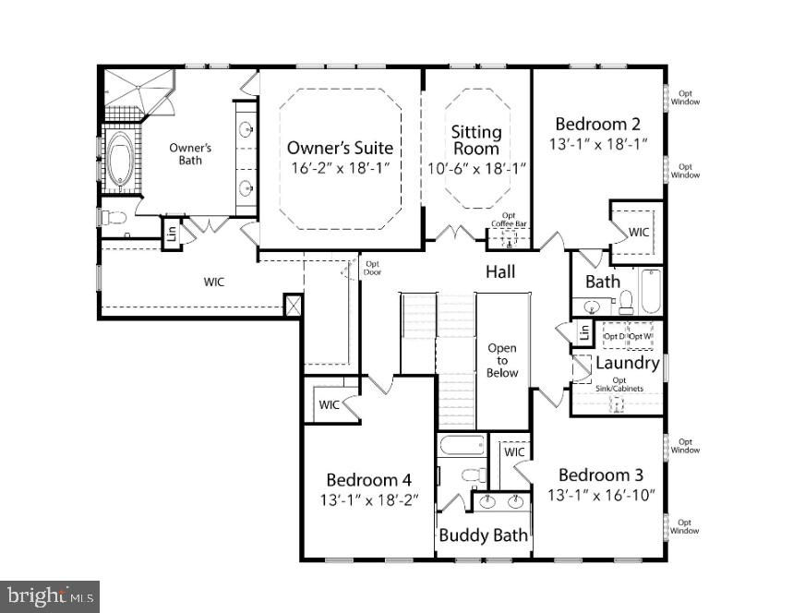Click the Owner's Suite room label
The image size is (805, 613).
coord(340,148)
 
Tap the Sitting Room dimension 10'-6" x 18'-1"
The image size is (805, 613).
coord(477,168)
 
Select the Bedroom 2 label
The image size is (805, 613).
coord(598,124)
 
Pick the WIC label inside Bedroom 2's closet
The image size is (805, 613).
coord(639,232)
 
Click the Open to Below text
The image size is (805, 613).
coord(501,360)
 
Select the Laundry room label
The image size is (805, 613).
coord(628,363)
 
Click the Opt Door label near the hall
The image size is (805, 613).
coord(373,268)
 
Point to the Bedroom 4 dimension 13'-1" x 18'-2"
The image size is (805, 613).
coord(369,500)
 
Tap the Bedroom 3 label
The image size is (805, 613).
coord(601,475)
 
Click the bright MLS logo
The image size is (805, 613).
coord(50,596)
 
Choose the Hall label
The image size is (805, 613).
coord(500,272)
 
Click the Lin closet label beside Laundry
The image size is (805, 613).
coord(584,332)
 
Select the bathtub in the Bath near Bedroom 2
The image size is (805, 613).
coord(650,290)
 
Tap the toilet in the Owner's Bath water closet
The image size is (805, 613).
coord(114,218)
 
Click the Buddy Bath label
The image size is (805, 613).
coord(483,535)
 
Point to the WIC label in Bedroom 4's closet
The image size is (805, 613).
coord(329,404)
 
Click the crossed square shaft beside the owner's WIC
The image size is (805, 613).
coord(294,306)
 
